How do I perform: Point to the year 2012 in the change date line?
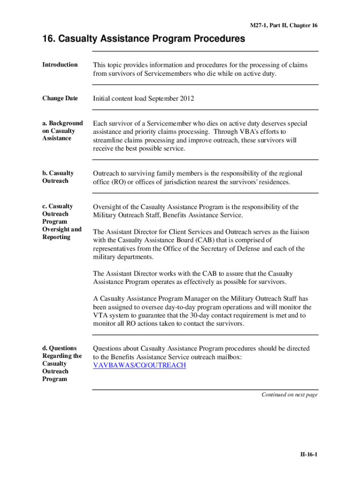[x=187, y=99]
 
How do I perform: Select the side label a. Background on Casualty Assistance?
[x=63, y=131]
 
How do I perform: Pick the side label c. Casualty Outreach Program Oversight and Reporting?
[x=62, y=221]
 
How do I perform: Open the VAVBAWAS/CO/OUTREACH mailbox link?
[x=139, y=365]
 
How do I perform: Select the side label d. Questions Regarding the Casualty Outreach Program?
[x=62, y=363]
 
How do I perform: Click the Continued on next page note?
[x=289, y=395]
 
